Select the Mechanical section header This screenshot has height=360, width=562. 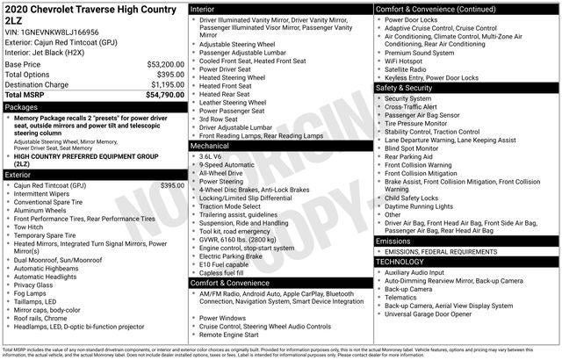coord(210,147)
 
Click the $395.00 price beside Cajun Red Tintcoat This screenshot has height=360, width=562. coord(173,186)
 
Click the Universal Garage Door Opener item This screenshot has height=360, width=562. coord(436,313)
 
